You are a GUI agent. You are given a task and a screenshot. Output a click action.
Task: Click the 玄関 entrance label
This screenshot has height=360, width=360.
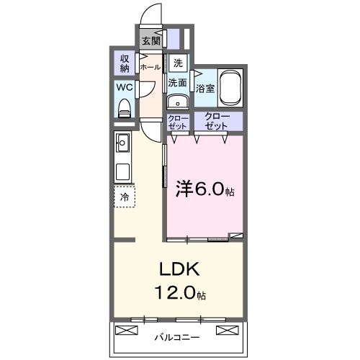[x=150, y=41]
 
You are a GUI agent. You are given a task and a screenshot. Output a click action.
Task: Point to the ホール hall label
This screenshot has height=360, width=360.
[x=150, y=67]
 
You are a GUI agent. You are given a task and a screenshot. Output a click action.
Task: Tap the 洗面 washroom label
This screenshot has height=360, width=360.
[x=177, y=83]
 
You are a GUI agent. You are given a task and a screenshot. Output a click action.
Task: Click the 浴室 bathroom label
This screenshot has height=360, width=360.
[x=205, y=89]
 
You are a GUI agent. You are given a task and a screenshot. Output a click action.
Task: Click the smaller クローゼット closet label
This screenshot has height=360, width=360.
[x=177, y=122]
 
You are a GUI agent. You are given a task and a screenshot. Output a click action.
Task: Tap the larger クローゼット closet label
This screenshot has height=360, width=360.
[x=217, y=121]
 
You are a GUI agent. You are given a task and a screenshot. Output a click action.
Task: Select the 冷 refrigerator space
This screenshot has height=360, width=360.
[x=125, y=197]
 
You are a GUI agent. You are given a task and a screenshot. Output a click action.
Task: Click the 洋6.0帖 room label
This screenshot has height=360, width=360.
[x=204, y=192]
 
